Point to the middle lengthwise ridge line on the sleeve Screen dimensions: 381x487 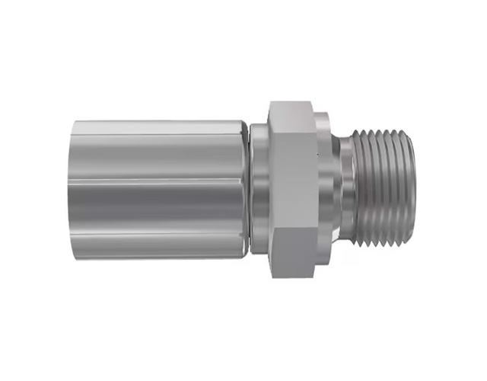point(160,184)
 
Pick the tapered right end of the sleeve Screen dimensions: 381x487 point(245,189)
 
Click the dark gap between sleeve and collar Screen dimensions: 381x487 point(251,189)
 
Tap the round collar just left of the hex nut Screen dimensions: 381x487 point(260,189)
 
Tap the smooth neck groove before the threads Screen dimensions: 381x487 point(346,189)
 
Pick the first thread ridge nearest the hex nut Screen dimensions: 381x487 point(358,189)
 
